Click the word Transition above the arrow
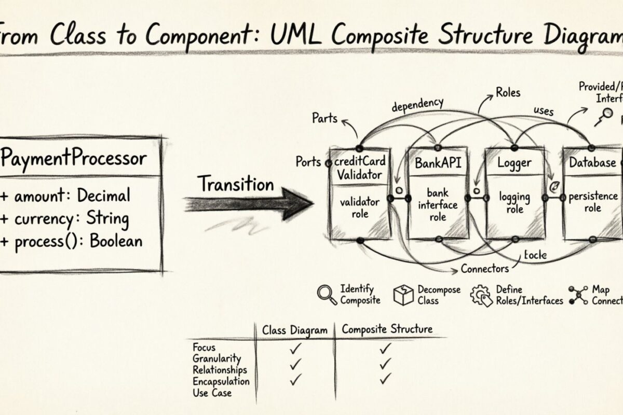point(235,184)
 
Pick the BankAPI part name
point(438,163)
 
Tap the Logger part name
point(514,163)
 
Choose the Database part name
point(592,163)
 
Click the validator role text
point(359,207)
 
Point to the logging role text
point(514,202)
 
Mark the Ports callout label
point(308,161)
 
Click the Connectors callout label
point(484,269)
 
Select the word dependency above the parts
point(417,104)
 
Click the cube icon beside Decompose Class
point(403,295)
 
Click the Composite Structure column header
point(387,329)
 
